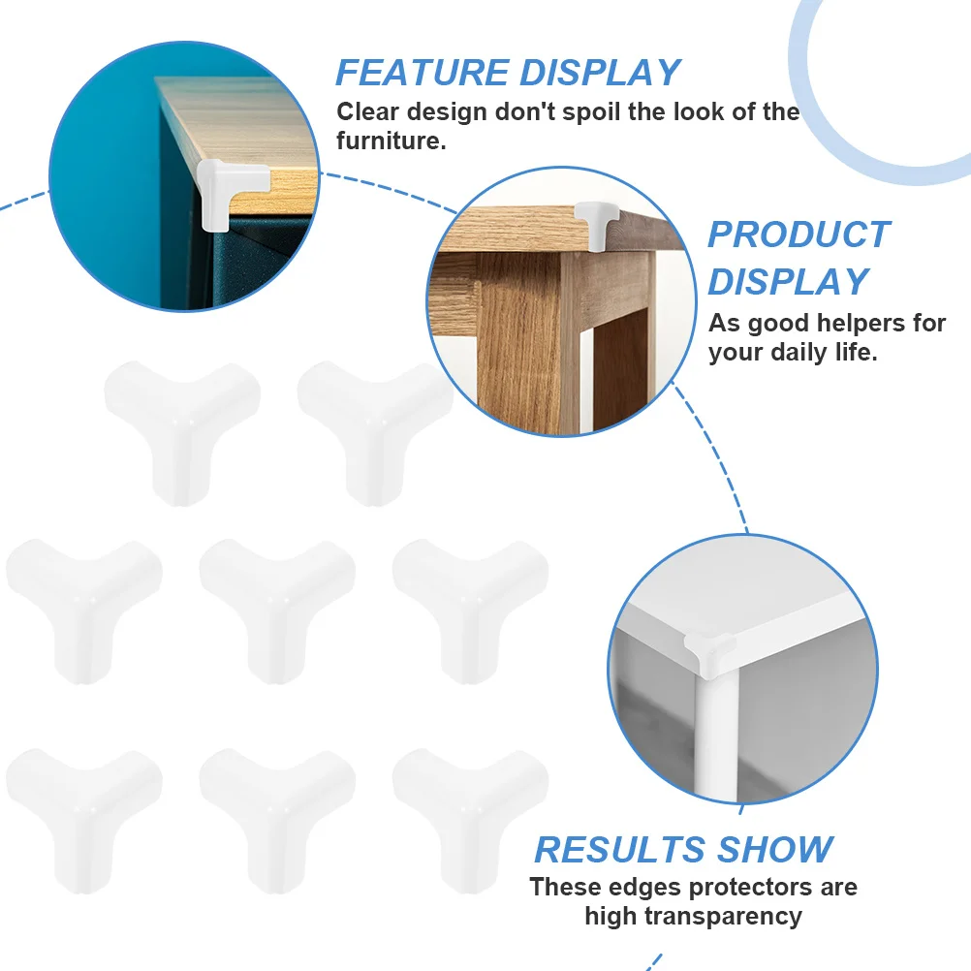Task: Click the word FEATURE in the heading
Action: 423,73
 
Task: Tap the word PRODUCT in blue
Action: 799,235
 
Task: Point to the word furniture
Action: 391,141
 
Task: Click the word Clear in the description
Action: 368,112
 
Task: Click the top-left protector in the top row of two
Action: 182,432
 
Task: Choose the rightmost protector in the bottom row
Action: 471,821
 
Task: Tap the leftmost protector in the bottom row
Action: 84,821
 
